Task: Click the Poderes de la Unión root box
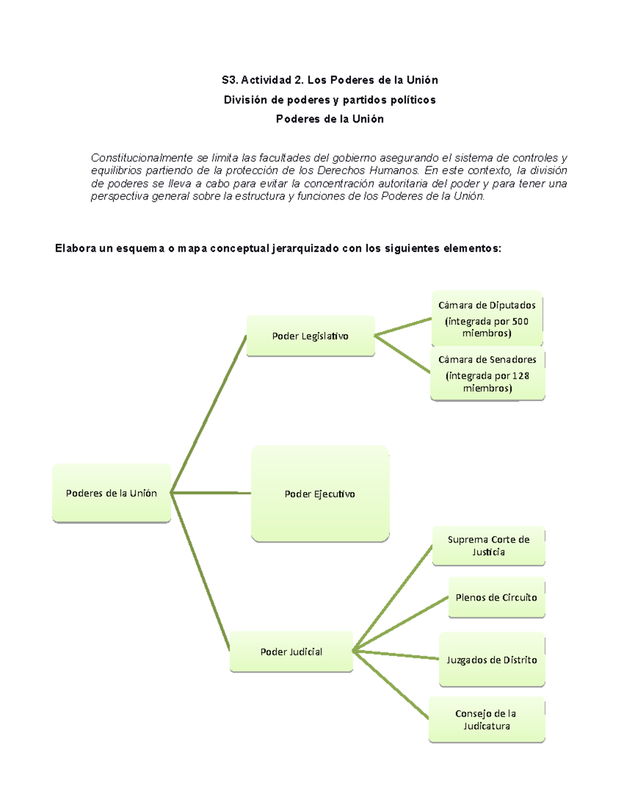coord(111,493)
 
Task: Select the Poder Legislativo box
coord(310,336)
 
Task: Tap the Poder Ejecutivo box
coord(320,494)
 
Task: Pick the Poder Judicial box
coord(291,652)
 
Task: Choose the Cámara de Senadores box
coord(487,374)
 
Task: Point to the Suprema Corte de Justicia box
coord(488,546)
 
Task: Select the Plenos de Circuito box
coord(496,597)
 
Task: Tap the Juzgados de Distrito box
coord(491,660)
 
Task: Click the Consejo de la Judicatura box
coord(486,720)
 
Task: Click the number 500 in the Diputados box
coord(520,322)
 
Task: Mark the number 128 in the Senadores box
coord(521,376)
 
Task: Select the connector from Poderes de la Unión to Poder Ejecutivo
coord(211,493)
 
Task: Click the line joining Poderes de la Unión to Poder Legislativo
coord(208,414)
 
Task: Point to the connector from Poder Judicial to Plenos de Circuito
coord(400,624)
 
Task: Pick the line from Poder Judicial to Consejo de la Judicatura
coord(391,685)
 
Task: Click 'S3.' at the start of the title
coord(229,80)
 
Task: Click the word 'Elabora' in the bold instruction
coord(75,249)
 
